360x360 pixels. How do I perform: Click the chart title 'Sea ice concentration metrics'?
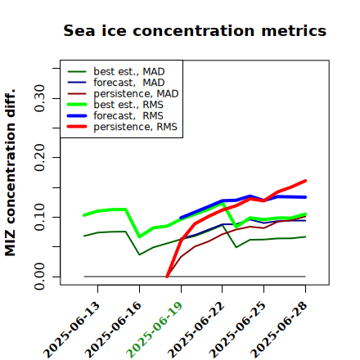(x=195, y=30)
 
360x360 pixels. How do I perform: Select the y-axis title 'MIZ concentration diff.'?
(x=10, y=173)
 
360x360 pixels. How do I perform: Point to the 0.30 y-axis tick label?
(x=39, y=98)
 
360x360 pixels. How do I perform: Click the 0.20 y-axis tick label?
(x=39, y=158)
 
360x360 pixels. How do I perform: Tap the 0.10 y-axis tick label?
(x=39, y=217)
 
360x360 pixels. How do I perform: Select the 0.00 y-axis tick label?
(x=39, y=277)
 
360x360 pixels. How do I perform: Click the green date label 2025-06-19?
(x=155, y=330)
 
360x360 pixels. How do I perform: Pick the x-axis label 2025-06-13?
(x=71, y=330)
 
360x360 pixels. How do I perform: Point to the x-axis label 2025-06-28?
(x=279, y=330)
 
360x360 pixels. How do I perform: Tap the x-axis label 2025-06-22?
(x=196, y=330)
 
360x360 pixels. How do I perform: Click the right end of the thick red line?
(x=305, y=181)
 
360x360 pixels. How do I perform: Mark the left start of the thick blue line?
(x=181, y=218)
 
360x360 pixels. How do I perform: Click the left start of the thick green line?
(x=84, y=215)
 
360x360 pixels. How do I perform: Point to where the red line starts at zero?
(x=167, y=277)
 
